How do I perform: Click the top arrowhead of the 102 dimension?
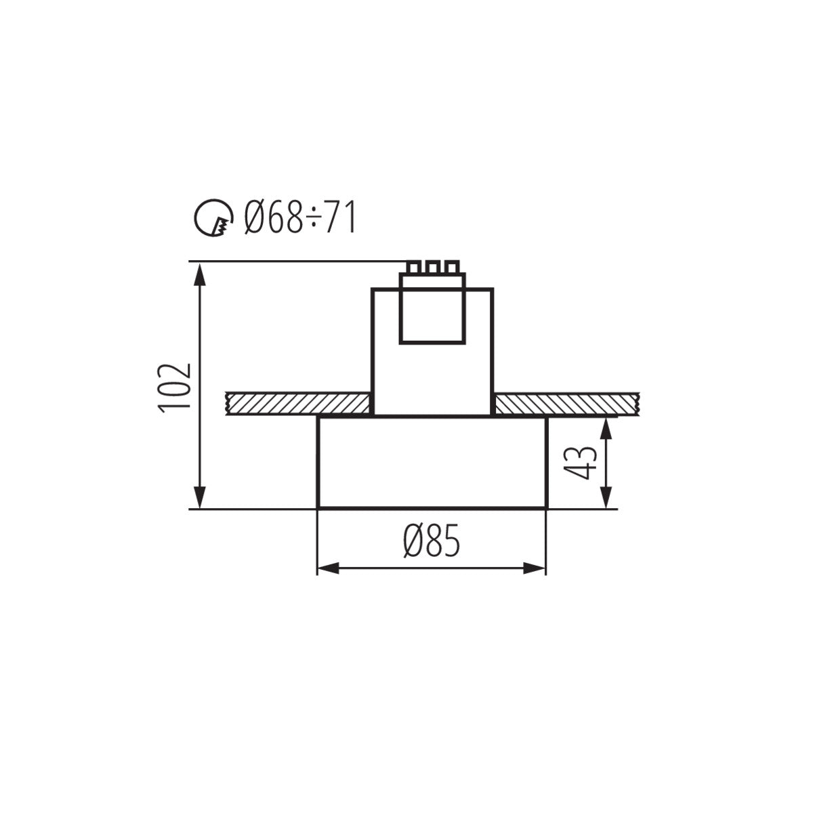(199, 271)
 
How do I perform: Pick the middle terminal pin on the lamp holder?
(432, 266)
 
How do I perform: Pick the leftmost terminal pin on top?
(413, 266)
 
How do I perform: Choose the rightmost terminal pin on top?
(450, 266)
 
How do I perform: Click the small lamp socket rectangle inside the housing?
(432, 315)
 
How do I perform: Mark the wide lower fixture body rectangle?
(432, 462)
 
